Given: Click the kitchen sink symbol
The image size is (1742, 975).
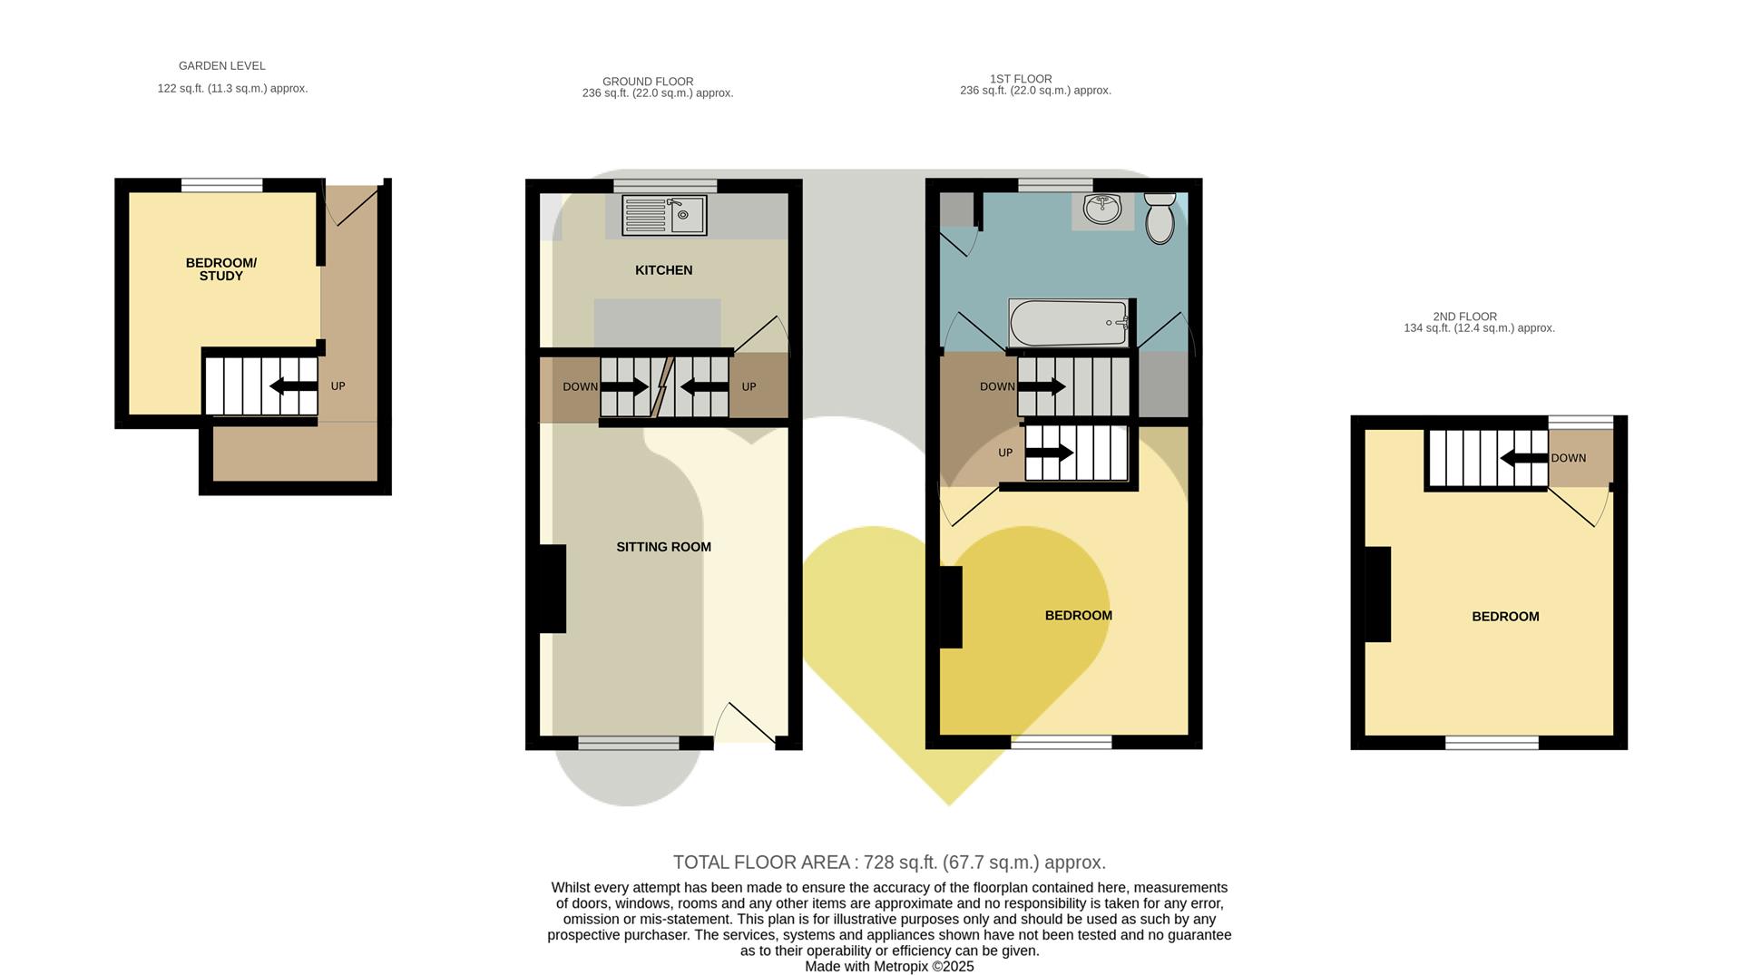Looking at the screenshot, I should pyautogui.click(x=664, y=216).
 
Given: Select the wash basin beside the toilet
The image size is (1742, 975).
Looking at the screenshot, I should pyautogui.click(x=1102, y=210).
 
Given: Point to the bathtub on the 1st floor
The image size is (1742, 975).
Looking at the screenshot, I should pyautogui.click(x=1069, y=323).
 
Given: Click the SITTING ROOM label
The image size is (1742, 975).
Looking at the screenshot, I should pyautogui.click(x=663, y=547).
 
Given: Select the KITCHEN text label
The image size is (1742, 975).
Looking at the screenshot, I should pyautogui.click(x=663, y=270).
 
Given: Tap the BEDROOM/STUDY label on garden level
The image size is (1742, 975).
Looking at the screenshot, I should pyautogui.click(x=220, y=269).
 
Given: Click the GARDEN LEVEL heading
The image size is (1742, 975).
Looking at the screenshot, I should pyautogui.click(x=221, y=65).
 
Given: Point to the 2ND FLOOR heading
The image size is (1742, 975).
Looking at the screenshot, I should pyautogui.click(x=1464, y=317).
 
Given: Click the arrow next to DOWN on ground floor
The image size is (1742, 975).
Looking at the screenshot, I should pyautogui.click(x=624, y=387).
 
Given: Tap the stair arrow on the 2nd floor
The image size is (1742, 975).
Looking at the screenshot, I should pyautogui.click(x=1523, y=458).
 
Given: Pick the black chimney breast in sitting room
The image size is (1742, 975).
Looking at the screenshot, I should pyautogui.click(x=552, y=588).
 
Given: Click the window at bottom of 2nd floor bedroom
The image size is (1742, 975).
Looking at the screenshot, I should pyautogui.click(x=1492, y=743).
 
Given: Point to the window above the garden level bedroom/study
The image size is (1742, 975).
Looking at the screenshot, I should pyautogui.click(x=221, y=185).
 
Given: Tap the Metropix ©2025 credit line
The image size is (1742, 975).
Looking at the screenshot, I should pyautogui.click(x=889, y=967).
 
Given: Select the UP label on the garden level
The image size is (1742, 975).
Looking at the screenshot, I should pyautogui.click(x=338, y=386).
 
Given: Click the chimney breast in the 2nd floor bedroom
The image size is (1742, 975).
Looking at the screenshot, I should pyautogui.click(x=1377, y=594).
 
